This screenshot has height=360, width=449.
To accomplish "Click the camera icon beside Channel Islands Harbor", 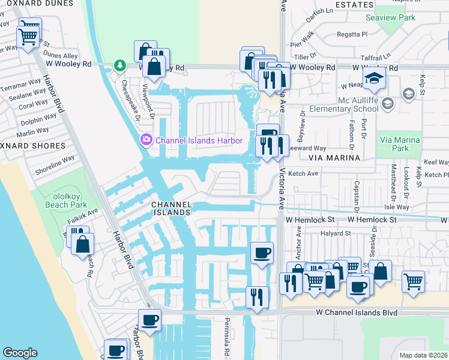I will click(145, 140).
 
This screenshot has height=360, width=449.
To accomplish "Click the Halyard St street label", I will click(335, 233).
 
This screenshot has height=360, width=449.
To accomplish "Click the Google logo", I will click(20, 353).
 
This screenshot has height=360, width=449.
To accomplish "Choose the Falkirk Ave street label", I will click(83, 214).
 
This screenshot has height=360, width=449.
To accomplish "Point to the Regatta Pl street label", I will click(347, 35).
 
